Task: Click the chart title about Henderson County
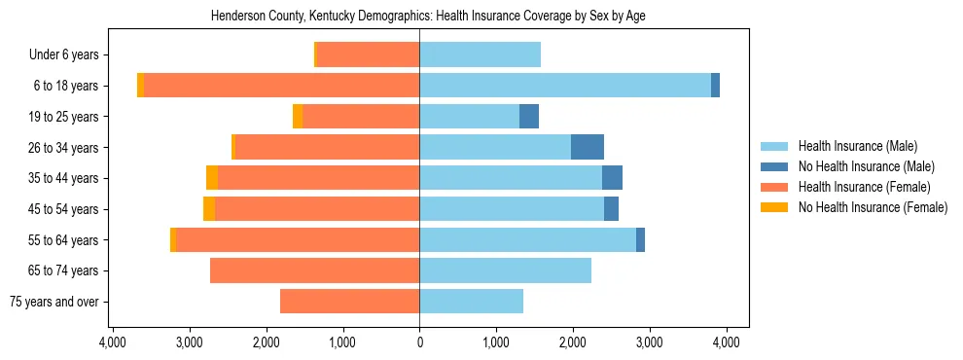click(x=428, y=16)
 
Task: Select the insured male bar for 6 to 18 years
click(x=564, y=86)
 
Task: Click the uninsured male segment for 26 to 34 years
click(x=588, y=147)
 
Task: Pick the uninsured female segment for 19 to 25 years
click(x=298, y=117)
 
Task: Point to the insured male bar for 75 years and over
click(x=471, y=302)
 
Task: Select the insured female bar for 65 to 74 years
click(x=314, y=270)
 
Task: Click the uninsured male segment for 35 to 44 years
click(x=612, y=178)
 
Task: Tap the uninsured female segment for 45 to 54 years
click(x=209, y=209)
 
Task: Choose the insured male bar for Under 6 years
click(x=480, y=54)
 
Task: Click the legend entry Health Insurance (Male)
click(x=857, y=146)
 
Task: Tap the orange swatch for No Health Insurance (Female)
click(x=774, y=207)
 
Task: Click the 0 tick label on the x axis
click(x=419, y=342)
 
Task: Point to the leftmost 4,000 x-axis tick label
click(x=113, y=342)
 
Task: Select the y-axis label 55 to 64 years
click(x=64, y=240)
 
